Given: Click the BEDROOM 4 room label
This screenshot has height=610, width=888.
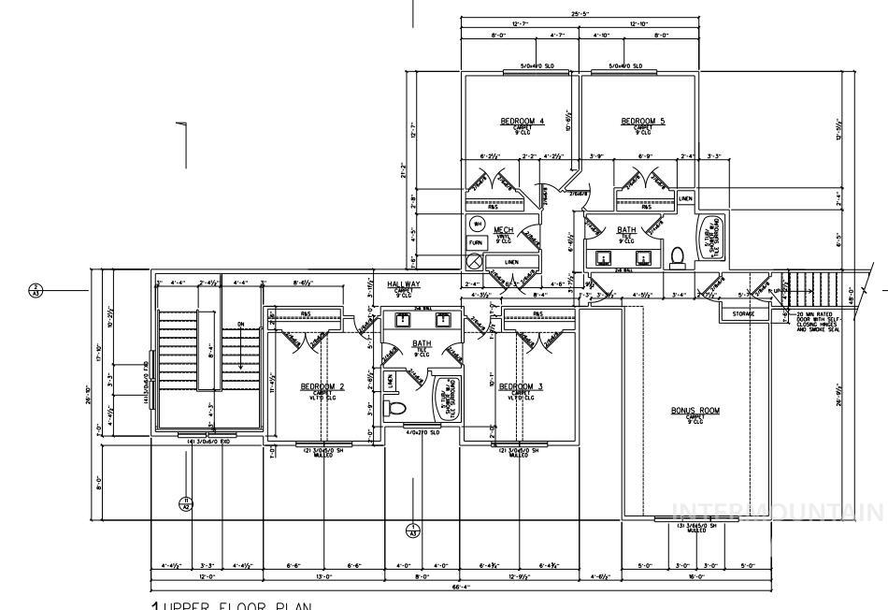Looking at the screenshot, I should [522, 122].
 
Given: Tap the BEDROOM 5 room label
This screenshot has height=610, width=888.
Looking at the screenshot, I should [642, 122].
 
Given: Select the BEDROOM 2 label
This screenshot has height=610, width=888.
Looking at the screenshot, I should [322, 386].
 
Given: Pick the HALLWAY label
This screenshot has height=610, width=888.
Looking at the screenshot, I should [404, 283].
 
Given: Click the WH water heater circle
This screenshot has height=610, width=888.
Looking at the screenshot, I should [477, 225].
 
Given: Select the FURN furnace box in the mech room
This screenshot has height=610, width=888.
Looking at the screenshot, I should [477, 242].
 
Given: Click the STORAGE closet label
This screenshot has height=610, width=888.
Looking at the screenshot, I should [743, 314].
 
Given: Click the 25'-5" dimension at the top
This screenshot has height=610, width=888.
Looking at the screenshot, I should [580, 14].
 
